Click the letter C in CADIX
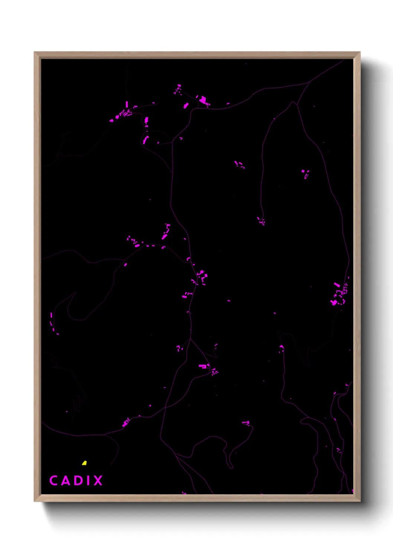tap(53, 480)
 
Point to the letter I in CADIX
tap(87, 481)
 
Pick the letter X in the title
tap(97, 481)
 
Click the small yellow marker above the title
tap(84, 463)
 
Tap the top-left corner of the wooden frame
tap(35, 53)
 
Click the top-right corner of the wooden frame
tap(359, 53)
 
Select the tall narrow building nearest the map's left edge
tap(51, 315)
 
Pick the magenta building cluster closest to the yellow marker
tap(126, 422)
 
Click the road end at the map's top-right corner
tap(344, 60)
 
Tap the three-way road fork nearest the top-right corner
tap(309, 82)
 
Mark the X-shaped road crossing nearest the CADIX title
tap(165, 407)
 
